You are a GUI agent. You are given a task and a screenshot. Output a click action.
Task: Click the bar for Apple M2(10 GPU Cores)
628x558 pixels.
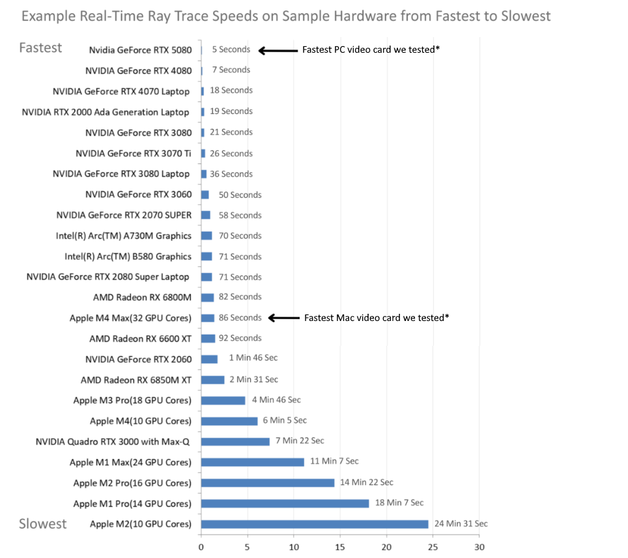(x=315, y=524)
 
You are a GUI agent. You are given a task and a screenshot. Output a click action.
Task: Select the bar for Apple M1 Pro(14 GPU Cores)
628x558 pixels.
(x=285, y=503)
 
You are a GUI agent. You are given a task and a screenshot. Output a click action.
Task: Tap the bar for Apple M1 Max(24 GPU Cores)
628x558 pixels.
(x=253, y=462)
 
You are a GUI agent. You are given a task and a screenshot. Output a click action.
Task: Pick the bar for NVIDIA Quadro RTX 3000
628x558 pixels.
(x=235, y=441)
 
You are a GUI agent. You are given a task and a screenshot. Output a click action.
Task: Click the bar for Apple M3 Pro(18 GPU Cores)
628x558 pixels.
(x=223, y=400)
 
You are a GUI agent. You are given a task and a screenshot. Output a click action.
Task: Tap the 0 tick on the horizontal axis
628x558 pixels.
(x=201, y=546)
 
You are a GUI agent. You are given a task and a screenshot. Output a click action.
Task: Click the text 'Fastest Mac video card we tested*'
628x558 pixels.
(x=377, y=318)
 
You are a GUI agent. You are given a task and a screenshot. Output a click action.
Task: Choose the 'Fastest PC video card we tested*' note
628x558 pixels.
(x=371, y=50)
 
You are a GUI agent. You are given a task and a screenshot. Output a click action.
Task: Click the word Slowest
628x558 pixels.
(x=43, y=523)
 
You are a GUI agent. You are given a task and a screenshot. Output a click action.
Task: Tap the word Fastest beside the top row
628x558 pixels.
(x=40, y=48)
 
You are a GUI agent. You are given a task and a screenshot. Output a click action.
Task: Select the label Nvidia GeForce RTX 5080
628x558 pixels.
(x=141, y=50)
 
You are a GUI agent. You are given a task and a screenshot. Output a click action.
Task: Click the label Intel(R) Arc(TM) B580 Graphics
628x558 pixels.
(x=128, y=257)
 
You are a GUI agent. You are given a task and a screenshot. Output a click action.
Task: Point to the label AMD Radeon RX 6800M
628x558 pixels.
(x=143, y=298)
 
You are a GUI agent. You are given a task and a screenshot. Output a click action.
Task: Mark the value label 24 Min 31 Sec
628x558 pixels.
(x=461, y=523)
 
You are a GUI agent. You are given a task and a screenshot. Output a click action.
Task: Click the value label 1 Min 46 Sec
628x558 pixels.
(x=253, y=358)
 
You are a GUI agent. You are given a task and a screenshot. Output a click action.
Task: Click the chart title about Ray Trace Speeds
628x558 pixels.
(x=286, y=16)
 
